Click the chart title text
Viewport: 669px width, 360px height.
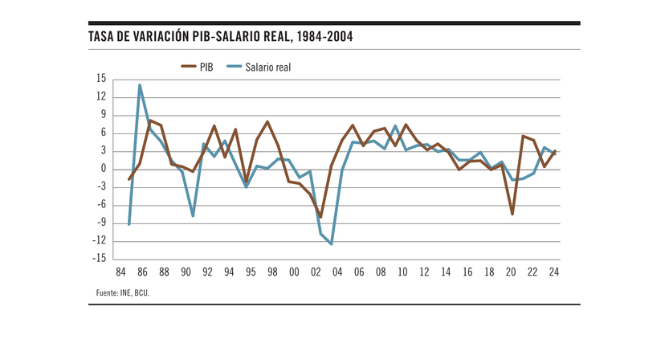point(220,37)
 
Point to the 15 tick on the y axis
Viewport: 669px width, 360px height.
point(100,79)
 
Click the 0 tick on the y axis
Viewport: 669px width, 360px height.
point(103,169)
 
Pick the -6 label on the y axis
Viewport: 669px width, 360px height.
point(100,205)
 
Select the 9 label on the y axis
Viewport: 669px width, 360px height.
point(103,115)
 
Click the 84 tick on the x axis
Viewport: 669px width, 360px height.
point(120,272)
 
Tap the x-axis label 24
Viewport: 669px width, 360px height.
point(553,272)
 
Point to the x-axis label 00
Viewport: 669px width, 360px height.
point(294,272)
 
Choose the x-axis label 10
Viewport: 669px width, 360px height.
point(402,272)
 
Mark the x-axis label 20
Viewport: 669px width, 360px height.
point(511,272)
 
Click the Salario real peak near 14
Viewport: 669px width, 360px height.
point(140,85)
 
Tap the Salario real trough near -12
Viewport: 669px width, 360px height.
point(331,243)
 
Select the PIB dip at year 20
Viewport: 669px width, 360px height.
point(511,214)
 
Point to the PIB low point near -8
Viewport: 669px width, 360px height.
point(320,217)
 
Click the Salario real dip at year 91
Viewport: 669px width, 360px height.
point(194,215)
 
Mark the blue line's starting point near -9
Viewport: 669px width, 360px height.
point(129,224)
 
